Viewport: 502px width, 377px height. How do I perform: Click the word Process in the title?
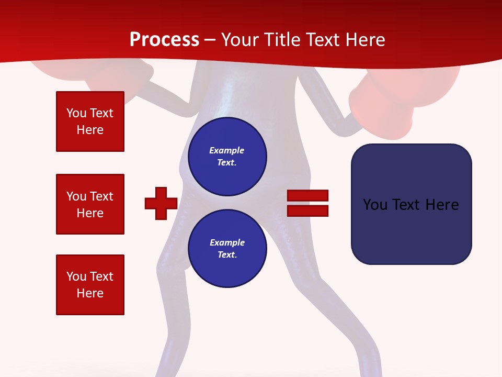coord(164,40)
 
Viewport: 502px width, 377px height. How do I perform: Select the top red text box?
coord(90,121)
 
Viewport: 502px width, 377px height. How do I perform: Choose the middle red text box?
coord(90,204)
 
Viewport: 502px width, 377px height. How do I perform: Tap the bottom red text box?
coord(90,285)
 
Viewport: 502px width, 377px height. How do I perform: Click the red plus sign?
coord(161,203)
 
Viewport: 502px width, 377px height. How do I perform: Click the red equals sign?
coord(307,203)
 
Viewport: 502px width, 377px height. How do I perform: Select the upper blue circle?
coord(227,157)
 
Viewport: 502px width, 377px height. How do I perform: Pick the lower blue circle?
coord(227,249)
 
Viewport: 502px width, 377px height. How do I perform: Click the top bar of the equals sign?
coord(307,196)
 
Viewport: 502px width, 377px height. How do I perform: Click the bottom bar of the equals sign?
coord(307,210)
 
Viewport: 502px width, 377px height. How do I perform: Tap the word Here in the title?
coord(365,40)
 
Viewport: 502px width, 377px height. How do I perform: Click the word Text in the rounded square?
coord(408,205)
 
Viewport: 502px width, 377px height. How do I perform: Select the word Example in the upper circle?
coord(226,150)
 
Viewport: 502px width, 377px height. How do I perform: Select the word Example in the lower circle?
coord(227,242)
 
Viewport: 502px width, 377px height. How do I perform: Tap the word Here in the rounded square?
coord(442,205)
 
